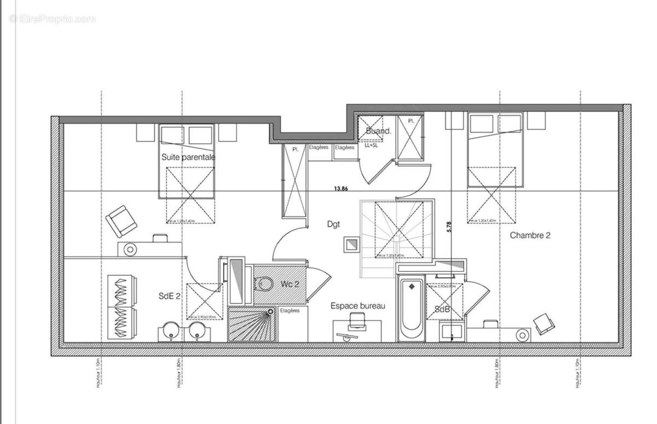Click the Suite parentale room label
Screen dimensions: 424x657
188,157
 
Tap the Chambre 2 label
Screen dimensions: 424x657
530,236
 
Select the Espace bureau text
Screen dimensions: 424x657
358,306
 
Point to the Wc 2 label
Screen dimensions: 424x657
290,284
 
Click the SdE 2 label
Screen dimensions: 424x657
170,296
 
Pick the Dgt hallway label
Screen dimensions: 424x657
333,223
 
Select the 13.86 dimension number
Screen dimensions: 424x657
341,189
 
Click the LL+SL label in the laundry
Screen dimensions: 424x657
372,146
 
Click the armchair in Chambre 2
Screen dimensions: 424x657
544,323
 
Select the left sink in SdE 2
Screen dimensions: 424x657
169,332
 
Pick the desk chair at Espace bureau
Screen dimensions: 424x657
357,321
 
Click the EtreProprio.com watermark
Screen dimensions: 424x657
53,19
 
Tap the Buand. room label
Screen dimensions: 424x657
379,131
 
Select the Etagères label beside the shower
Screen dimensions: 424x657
290,311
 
